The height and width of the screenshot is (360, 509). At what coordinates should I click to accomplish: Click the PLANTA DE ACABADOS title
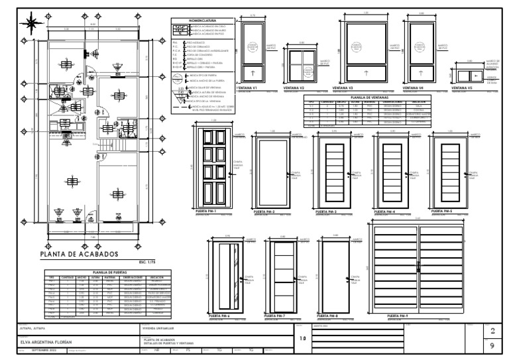[x=79, y=254]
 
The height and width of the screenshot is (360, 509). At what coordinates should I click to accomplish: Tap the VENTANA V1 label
[x=251, y=87]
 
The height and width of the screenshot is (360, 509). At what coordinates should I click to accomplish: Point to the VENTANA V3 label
[x=343, y=87]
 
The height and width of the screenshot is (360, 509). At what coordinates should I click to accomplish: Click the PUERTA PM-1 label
[x=207, y=210]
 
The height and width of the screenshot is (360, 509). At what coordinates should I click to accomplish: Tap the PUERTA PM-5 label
[x=442, y=211]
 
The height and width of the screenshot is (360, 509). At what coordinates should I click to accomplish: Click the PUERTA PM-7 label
[x=274, y=315]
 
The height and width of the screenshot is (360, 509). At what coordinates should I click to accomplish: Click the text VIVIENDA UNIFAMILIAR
[x=160, y=328]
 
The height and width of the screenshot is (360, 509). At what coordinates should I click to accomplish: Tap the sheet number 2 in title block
[x=491, y=331]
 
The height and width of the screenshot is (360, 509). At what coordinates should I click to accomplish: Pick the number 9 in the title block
[x=491, y=346]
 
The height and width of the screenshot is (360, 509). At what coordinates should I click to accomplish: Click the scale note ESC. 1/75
[x=147, y=261]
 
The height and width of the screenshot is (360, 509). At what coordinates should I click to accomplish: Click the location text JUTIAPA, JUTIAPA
[x=36, y=328]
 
